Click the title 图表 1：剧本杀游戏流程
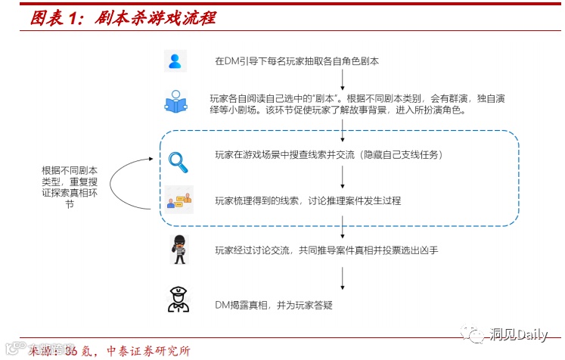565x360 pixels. (x=122, y=17)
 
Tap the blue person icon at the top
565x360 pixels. (x=175, y=61)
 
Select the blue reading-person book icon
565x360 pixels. (x=175, y=102)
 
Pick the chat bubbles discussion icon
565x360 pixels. (x=180, y=200)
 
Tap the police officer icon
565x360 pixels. (x=179, y=299)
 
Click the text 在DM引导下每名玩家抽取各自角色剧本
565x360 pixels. (x=296, y=61)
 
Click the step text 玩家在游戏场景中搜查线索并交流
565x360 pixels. (x=328, y=156)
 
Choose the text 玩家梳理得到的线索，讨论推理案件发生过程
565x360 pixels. (x=307, y=200)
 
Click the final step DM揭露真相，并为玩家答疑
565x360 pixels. (x=274, y=305)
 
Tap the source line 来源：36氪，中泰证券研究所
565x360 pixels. (x=109, y=351)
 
